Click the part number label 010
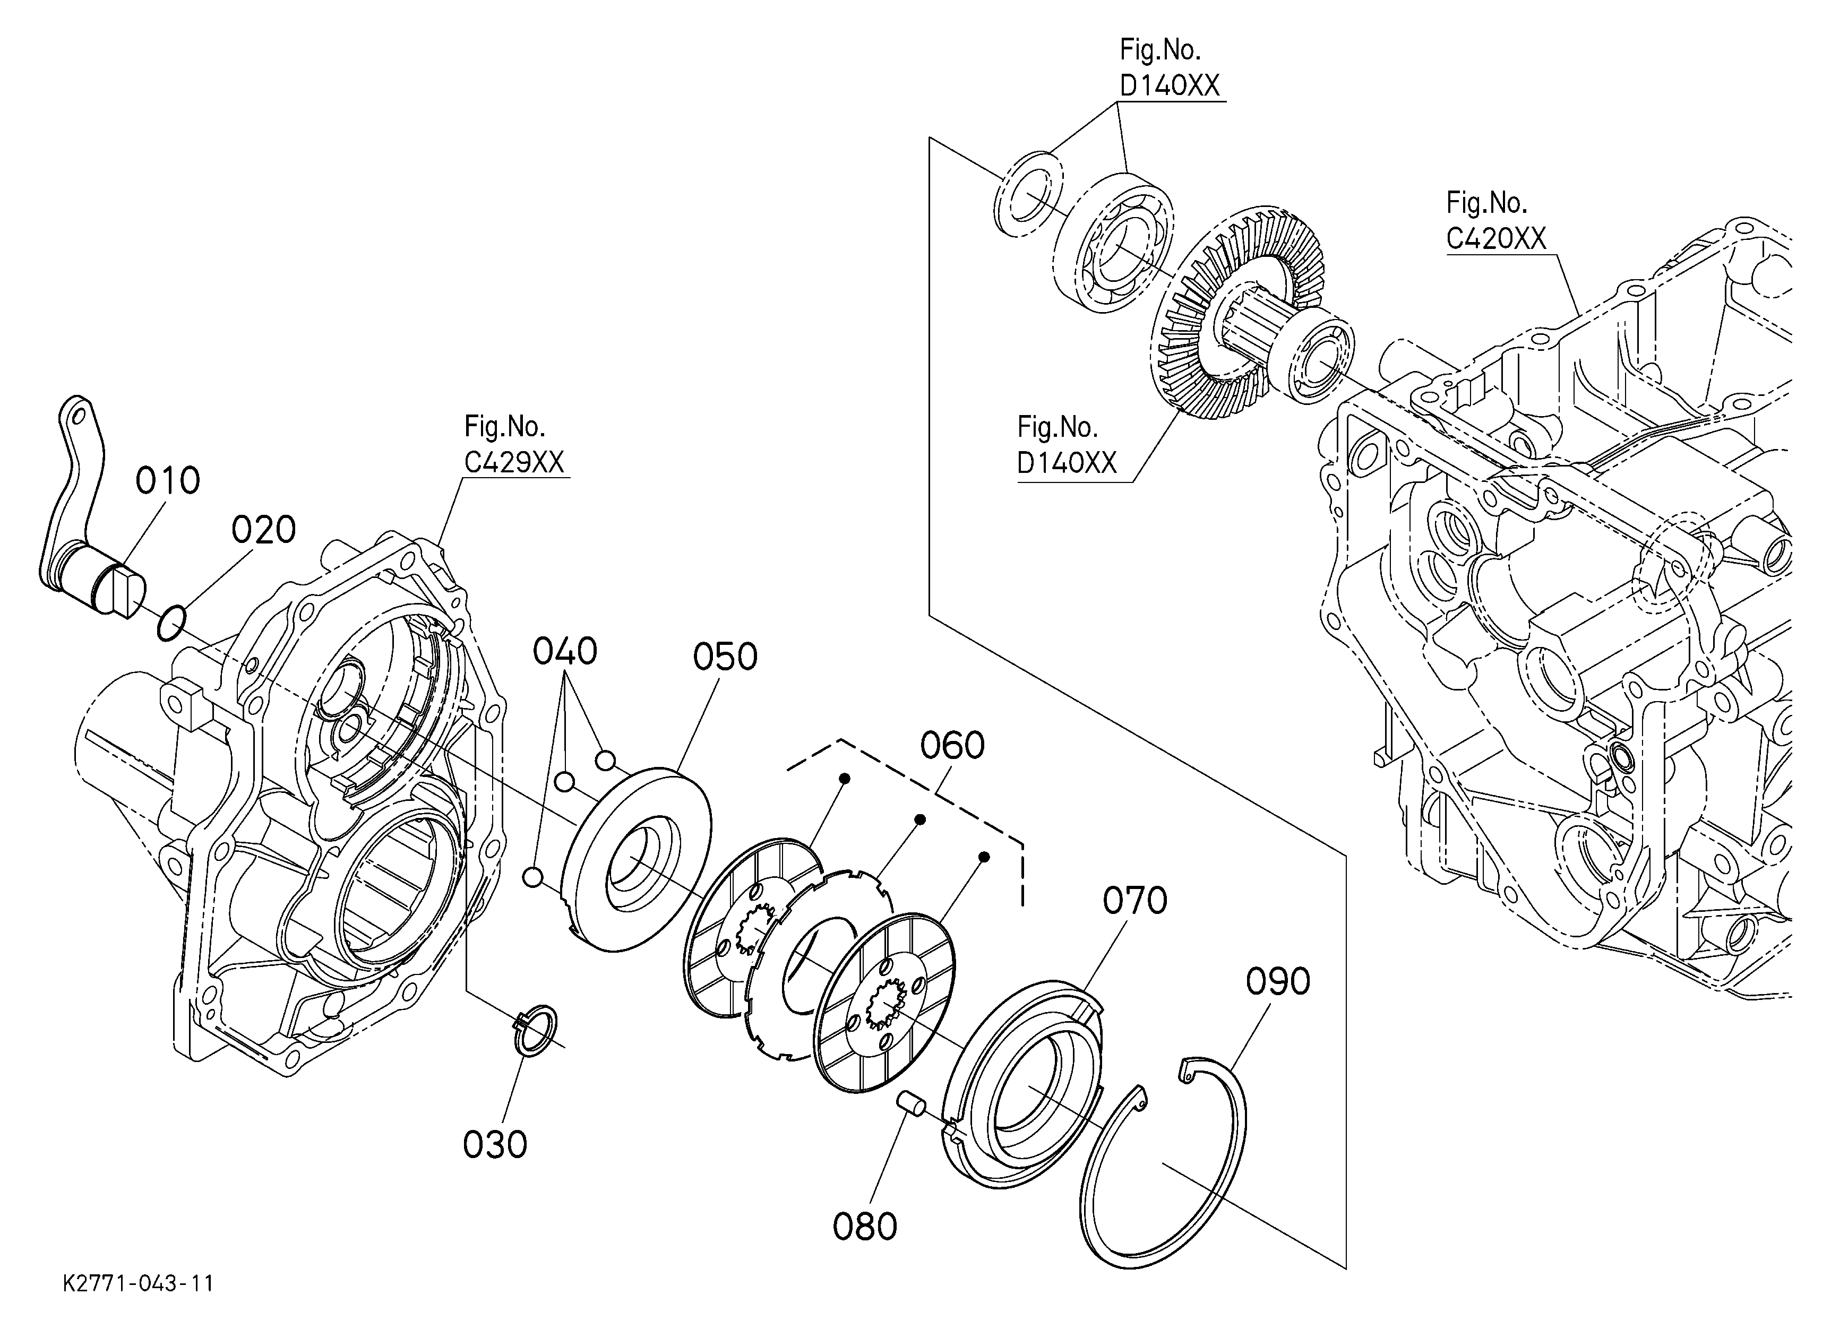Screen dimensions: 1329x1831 (x=167, y=481)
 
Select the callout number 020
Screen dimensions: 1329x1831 (x=263, y=530)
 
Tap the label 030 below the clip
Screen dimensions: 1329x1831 (x=495, y=1144)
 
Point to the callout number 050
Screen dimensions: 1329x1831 (x=725, y=657)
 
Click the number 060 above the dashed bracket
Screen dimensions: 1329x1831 (x=952, y=746)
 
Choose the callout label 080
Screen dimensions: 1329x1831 (x=865, y=1227)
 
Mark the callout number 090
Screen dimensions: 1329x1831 (x=1277, y=982)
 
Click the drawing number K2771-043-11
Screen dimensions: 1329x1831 (x=138, y=1283)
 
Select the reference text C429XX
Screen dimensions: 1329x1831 (x=513, y=462)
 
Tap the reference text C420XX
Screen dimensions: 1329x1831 (x=1495, y=239)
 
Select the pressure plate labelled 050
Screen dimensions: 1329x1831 (x=638, y=859)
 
